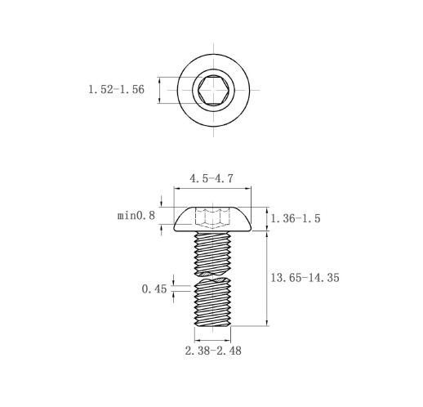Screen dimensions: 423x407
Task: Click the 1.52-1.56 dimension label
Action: pyautogui.click(x=116, y=90)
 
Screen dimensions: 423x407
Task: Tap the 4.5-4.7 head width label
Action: pyautogui.click(x=211, y=179)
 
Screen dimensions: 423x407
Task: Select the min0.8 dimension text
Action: pyautogui.click(x=136, y=216)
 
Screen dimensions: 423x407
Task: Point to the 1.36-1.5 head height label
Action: pyautogui.click(x=296, y=218)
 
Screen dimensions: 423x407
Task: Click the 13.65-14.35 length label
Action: pyautogui.click(x=305, y=278)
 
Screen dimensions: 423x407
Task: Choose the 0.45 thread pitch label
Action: pyautogui.click(x=154, y=289)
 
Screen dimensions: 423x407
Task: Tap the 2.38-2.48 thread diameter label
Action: pyautogui.click(x=213, y=351)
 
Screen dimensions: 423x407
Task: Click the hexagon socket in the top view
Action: pyautogui.click(x=213, y=90)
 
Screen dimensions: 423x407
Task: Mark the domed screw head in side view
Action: pyautogui.click(x=212, y=220)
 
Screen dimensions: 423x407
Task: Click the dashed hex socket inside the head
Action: pyautogui.click(x=212, y=218)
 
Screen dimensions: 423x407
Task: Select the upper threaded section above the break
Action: pyautogui.click(x=212, y=253)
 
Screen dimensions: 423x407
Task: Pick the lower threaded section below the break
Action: pyautogui.click(x=212, y=302)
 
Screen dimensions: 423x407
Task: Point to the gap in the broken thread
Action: pyautogui.click(x=212, y=277)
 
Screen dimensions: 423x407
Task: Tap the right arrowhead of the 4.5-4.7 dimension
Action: pyautogui.click(x=248, y=188)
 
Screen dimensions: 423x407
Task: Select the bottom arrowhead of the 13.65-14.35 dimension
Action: pyautogui.click(x=267, y=323)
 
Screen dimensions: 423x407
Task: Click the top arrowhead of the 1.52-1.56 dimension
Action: pyautogui.click(x=159, y=80)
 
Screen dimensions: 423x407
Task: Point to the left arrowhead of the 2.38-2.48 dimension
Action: pyautogui.click(x=198, y=340)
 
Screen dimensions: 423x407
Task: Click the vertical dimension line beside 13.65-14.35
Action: pyautogui.click(x=267, y=279)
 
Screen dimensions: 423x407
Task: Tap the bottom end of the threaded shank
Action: pyautogui.click(x=212, y=325)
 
